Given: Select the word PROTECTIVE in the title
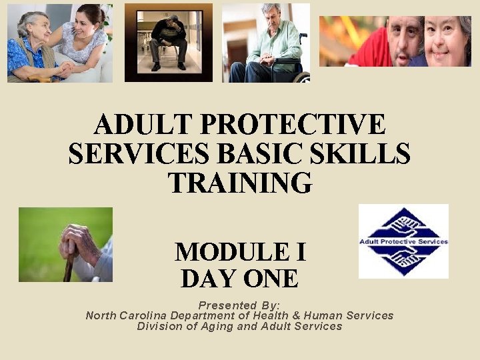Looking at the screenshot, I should coord(292,125).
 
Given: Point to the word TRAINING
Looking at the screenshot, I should coord(239,182).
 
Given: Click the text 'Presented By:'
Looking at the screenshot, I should coord(239,305).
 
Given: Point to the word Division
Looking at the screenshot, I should coord(161,327).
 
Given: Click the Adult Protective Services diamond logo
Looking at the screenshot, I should coord(403,241).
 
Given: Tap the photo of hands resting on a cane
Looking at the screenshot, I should coord(65,245).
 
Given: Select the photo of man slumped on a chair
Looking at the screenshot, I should coord(168,41).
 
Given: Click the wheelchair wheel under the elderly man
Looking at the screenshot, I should coord(301,78).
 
